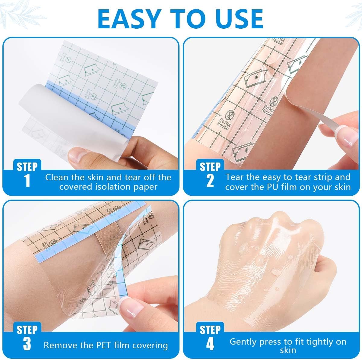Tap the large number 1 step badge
click(x=27, y=181)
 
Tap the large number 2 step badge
click(x=210, y=181)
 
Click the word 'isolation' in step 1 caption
click(x=104, y=187)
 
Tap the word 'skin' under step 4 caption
click(x=288, y=350)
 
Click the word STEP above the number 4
click(x=210, y=330)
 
